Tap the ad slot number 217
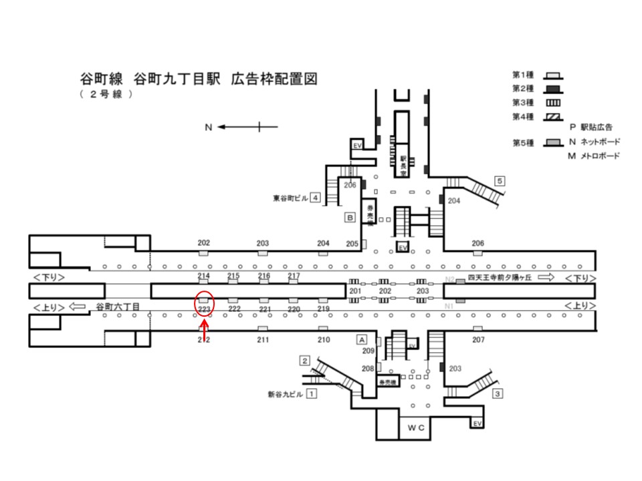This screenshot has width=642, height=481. pyautogui.click(x=294, y=276)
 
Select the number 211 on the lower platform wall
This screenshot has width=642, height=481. pyautogui.click(x=263, y=340)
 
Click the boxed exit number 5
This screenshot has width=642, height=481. pyautogui.click(x=500, y=180)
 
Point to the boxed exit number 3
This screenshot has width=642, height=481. pyautogui.click(x=498, y=393)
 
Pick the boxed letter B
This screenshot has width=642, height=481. pyautogui.click(x=349, y=217)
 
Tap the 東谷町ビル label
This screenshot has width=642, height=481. pyautogui.click(x=290, y=198)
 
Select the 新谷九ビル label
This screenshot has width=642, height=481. pyautogui.click(x=285, y=394)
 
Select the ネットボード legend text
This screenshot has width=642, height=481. pyautogui.click(x=598, y=142)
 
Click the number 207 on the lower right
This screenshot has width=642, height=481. pyautogui.click(x=478, y=340)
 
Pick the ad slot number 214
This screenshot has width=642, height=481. pyautogui.click(x=204, y=276)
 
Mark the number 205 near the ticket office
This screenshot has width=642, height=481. pyautogui.click(x=352, y=244)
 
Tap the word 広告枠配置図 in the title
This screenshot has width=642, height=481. pyautogui.click(x=274, y=78)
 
